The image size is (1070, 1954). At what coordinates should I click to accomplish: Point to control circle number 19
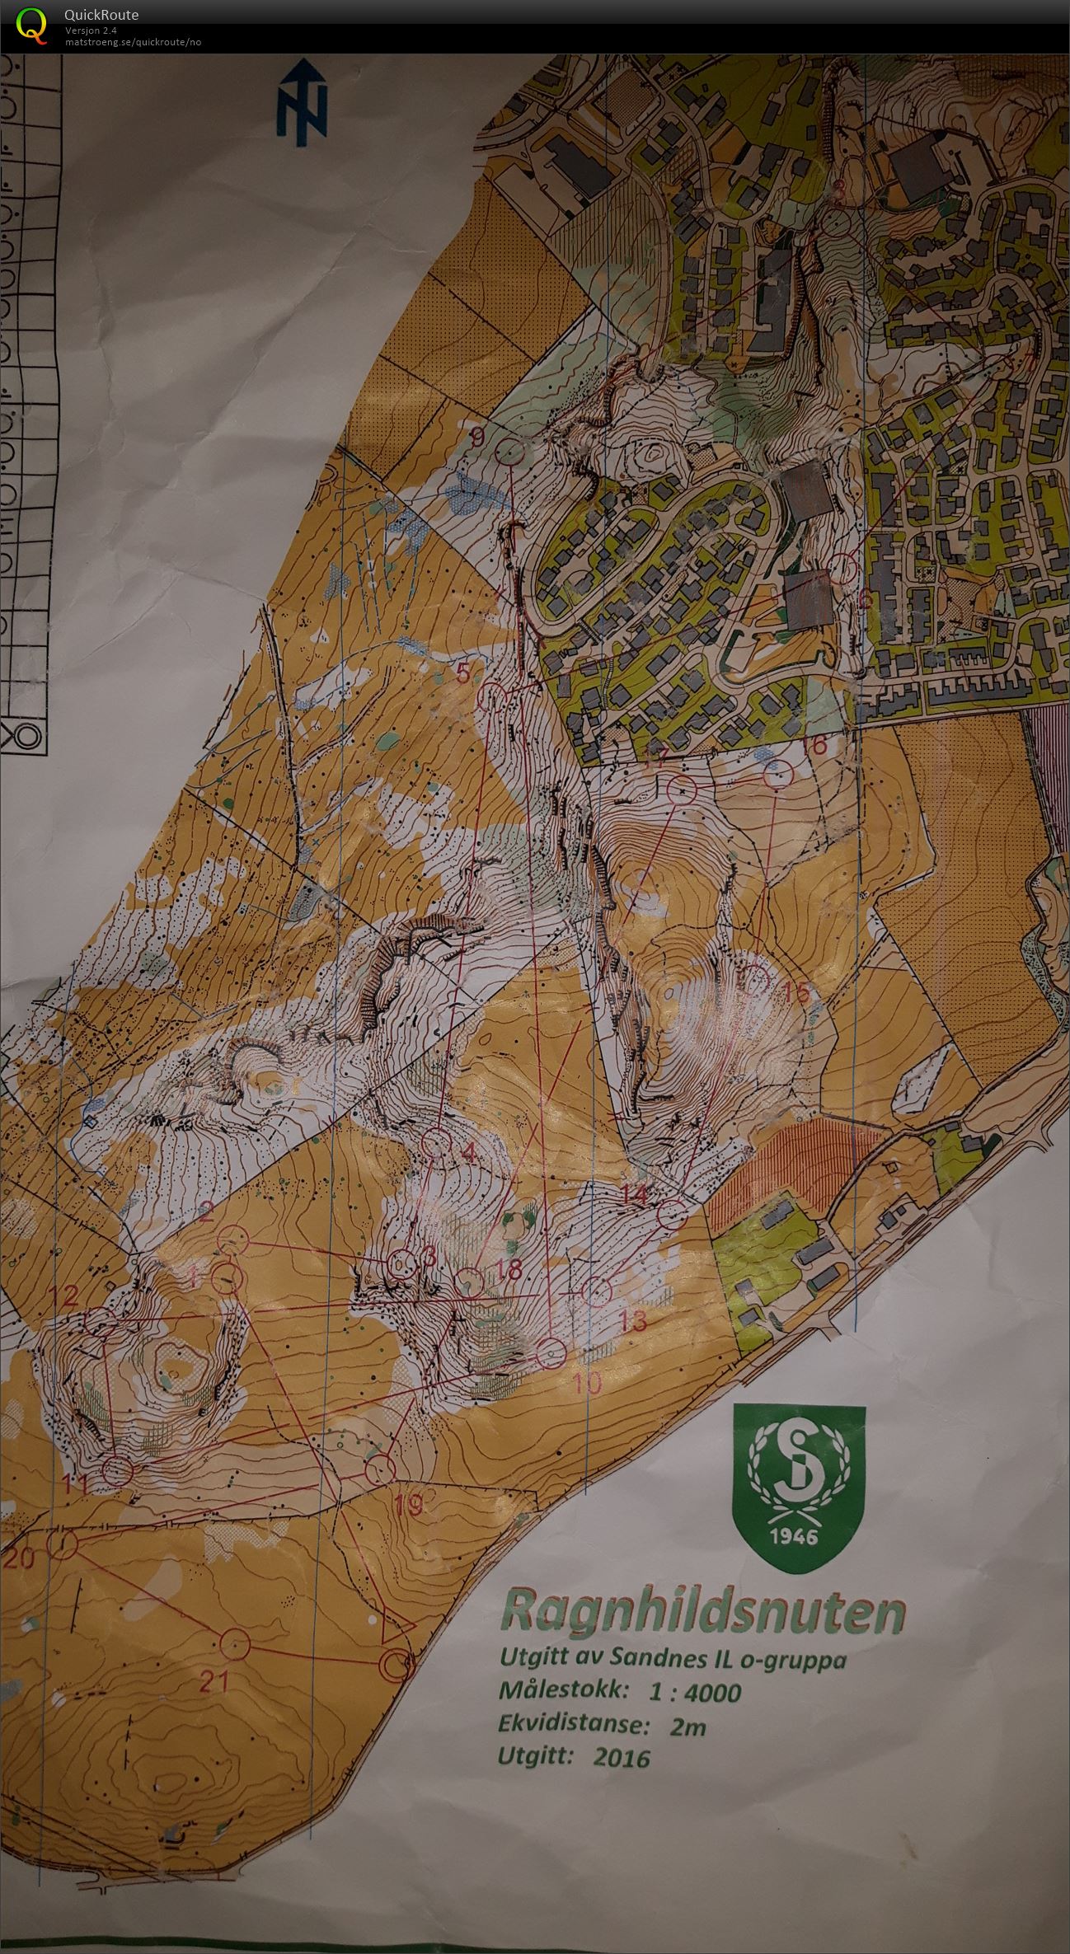(x=379, y=1470)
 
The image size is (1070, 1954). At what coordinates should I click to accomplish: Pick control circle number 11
(x=117, y=1470)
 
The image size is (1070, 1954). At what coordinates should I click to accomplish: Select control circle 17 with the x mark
(x=683, y=790)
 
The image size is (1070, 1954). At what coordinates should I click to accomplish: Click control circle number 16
(x=777, y=775)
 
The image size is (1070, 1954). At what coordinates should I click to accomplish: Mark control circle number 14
(x=673, y=1215)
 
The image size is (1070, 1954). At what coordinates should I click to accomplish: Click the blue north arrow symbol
(x=302, y=105)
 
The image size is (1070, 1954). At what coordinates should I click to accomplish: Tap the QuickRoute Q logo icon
(x=33, y=24)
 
